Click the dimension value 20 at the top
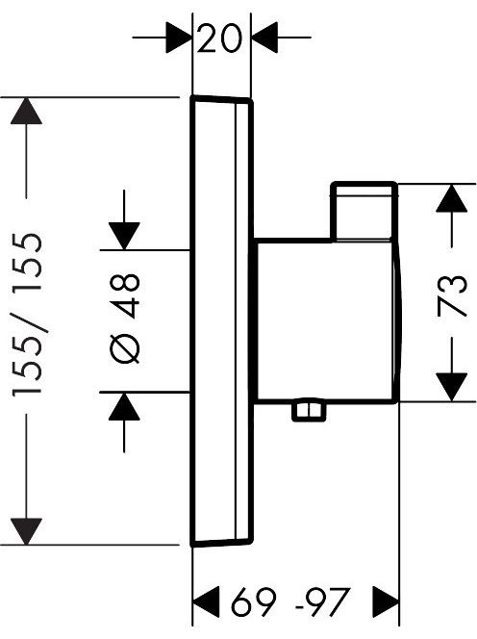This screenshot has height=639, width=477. point(219,38)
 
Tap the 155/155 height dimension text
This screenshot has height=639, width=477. point(27,314)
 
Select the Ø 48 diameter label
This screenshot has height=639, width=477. point(125,319)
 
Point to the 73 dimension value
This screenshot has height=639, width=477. point(452,296)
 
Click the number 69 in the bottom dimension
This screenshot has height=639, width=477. point(254,601)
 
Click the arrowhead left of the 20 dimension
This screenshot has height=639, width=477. point(179,38)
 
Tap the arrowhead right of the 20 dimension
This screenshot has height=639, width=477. point(264,38)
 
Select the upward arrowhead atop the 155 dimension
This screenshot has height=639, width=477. point(27,111)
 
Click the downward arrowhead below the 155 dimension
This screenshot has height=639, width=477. point(27,531)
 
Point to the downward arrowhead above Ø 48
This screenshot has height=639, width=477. point(124,236)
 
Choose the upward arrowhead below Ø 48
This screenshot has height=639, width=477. point(124,406)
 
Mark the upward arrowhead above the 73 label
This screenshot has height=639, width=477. point(451,198)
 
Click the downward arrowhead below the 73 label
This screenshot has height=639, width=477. point(451,387)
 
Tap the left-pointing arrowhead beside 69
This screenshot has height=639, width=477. point(206,601)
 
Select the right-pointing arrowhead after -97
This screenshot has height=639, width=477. point(386,601)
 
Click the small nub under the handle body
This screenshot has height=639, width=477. point(309,410)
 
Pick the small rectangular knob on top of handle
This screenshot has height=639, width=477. point(364,212)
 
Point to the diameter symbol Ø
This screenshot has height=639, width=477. point(125,348)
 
